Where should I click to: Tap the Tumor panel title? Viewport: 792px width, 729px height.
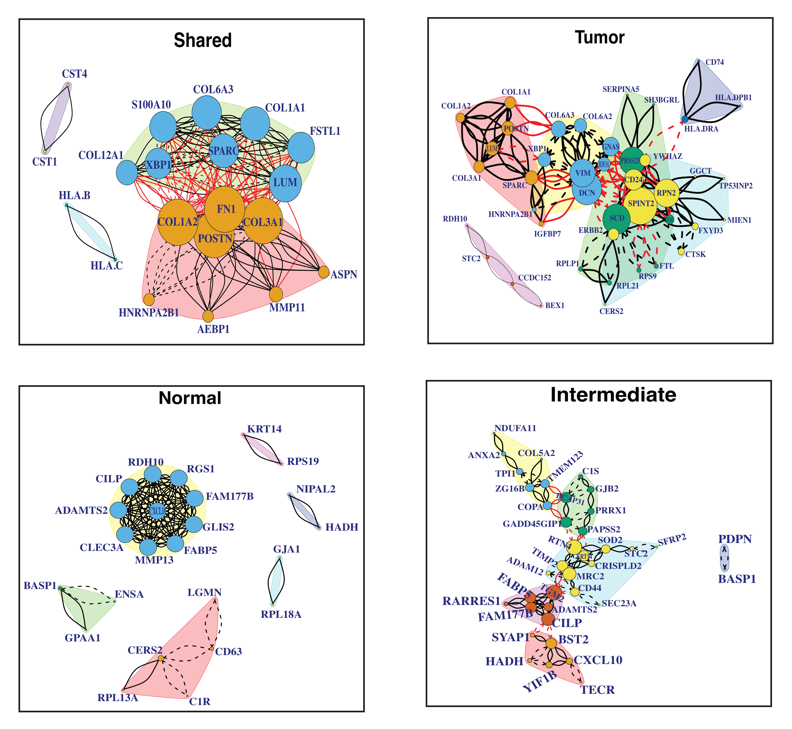tap(600, 38)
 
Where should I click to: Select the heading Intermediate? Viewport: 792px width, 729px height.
tap(613, 395)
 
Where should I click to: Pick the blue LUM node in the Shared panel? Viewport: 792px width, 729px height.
tap(285, 183)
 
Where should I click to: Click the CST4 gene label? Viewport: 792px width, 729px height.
tap(74, 74)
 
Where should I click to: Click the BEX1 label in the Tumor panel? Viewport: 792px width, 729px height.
tap(555, 305)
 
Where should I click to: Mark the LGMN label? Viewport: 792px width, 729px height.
tap(205, 593)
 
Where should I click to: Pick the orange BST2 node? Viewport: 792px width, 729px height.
tap(551, 643)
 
